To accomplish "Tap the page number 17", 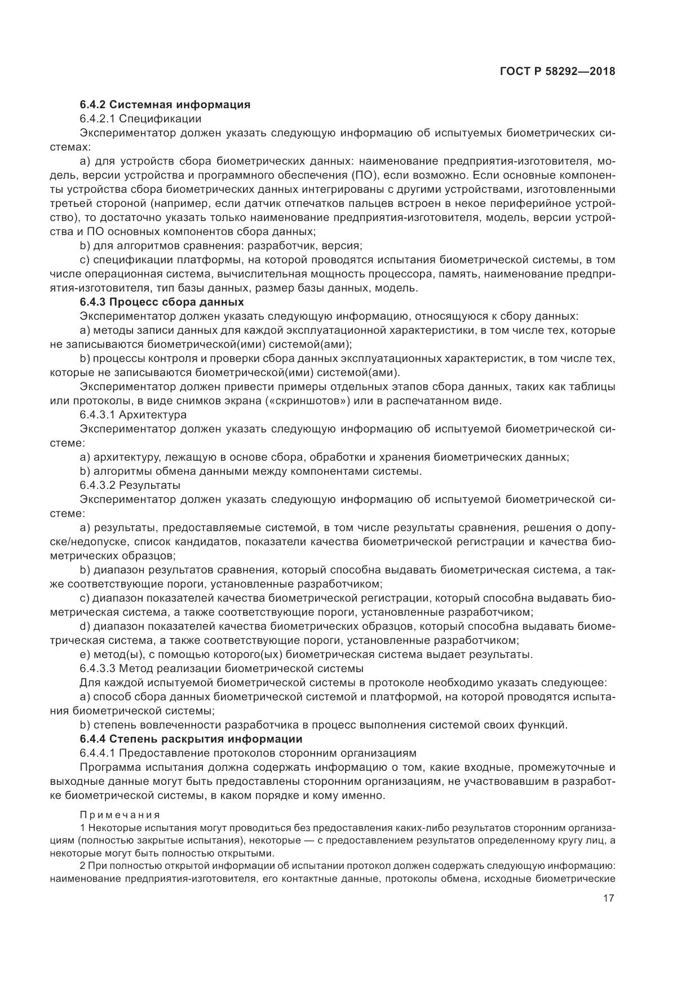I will (608, 898).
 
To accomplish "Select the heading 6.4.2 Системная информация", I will (165, 104).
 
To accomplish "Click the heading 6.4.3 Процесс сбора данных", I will (161, 302).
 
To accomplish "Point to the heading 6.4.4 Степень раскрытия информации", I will (191, 739).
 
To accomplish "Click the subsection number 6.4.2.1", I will (98, 118).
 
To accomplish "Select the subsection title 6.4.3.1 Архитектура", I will (133, 414).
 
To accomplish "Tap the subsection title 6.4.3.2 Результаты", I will (130, 485).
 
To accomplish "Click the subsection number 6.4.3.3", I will (98, 668).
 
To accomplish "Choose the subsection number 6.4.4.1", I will (98, 753).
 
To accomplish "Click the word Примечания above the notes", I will (120, 815).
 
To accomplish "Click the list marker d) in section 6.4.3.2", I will (85, 626).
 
